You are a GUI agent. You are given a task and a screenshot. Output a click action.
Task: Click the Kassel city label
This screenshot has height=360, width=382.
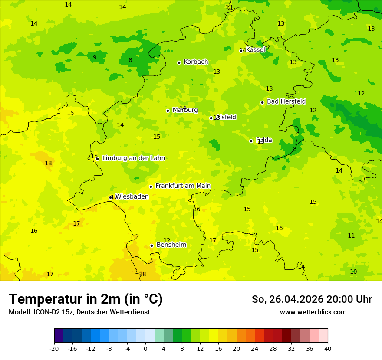coord(255,50)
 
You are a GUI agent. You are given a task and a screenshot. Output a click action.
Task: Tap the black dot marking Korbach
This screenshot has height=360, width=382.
coord(179,62)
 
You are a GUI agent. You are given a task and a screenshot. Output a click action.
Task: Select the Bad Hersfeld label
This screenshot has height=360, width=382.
coord(286,101)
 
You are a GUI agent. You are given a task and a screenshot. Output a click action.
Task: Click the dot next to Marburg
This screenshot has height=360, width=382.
coord(168,111)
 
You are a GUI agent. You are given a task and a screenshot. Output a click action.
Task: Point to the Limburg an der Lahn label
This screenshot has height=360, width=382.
coord(133,158)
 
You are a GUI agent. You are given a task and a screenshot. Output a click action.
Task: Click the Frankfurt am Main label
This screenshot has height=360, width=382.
coord(183,186)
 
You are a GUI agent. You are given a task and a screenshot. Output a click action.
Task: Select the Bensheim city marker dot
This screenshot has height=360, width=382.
coord(151,245)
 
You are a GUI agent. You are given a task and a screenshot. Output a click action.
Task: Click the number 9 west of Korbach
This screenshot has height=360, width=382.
coord(95,57)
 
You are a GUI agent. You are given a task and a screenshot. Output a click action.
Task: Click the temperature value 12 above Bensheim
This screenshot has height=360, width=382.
coord(167,240)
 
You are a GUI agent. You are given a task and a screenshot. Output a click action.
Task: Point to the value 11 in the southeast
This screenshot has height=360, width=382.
coord(351,236)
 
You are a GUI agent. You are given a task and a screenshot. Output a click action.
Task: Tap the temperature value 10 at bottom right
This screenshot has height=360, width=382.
coord(353,272)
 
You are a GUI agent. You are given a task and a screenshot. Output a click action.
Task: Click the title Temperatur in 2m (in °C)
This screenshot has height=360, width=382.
coord(86,299)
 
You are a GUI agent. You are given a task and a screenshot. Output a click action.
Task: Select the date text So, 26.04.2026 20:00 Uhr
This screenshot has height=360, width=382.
coord(312,299)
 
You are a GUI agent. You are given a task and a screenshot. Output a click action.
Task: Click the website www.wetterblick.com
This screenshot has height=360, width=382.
coord(313,312)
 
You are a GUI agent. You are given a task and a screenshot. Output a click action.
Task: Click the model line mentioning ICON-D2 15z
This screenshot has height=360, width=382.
coord(79,312)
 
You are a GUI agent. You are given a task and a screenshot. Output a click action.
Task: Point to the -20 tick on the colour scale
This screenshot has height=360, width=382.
coord(54,349)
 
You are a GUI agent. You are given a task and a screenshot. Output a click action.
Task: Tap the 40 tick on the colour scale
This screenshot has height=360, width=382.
coord(327,349)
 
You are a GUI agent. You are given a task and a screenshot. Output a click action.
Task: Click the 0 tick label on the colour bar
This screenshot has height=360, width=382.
coord(145,349)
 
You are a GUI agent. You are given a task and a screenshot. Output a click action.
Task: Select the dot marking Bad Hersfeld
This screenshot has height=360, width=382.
coord(262,102)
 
